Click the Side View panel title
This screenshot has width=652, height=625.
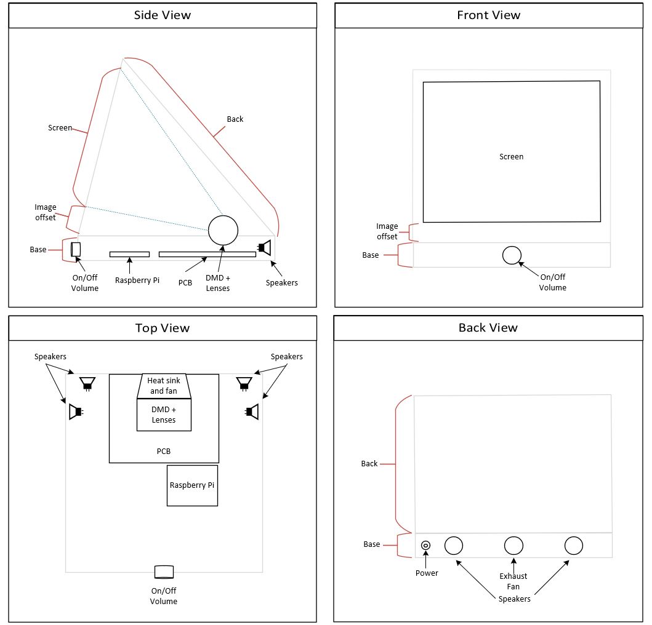(x=163, y=15)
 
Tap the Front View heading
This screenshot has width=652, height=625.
(x=488, y=15)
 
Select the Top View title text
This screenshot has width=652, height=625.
(x=163, y=328)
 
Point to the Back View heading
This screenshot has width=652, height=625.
(x=488, y=328)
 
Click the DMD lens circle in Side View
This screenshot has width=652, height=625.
(x=223, y=231)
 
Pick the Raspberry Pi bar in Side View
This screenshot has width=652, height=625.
(x=129, y=254)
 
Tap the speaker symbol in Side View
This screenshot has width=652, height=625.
(x=265, y=247)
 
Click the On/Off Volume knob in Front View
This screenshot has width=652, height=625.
(x=512, y=255)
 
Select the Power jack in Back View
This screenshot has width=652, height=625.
(x=425, y=546)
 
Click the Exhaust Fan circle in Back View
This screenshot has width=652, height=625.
(x=513, y=546)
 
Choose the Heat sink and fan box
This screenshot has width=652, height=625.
(x=164, y=386)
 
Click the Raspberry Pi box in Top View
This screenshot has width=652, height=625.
(x=192, y=485)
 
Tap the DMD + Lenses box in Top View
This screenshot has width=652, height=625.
(x=164, y=415)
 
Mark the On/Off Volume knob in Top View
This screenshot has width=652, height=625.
(x=164, y=572)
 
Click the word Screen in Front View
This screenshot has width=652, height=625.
(x=511, y=157)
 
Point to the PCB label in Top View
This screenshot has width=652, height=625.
(x=164, y=452)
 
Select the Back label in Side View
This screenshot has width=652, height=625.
(x=235, y=119)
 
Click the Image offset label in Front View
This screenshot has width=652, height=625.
(x=387, y=231)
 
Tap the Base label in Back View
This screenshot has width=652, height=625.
(x=372, y=544)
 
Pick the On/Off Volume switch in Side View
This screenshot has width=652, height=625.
(x=76, y=249)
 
